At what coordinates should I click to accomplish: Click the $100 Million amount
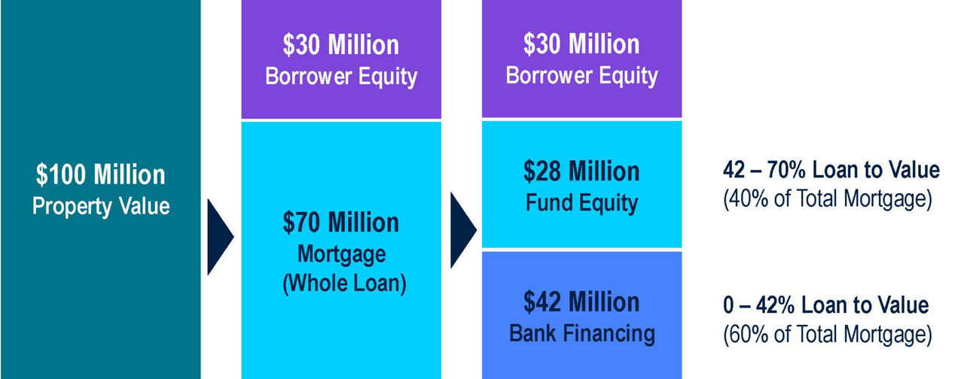101,174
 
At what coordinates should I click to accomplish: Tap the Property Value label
101,206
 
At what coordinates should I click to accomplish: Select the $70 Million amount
341,223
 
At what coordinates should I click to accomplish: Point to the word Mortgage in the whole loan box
342,254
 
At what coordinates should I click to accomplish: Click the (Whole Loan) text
344,283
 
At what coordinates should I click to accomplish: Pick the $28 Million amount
581,171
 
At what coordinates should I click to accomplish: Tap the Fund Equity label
582,203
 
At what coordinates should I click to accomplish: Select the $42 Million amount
581,302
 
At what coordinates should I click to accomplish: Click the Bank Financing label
582,333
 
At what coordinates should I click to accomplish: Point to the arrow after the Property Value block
219,237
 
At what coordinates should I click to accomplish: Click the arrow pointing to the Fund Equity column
462,230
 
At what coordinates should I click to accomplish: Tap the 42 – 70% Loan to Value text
831,170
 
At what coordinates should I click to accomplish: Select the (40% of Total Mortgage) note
828,199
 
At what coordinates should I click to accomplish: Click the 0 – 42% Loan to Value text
826,305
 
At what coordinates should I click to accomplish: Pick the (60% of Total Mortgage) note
828,335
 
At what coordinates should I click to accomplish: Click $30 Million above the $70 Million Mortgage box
341,45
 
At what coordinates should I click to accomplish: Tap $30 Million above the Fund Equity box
581,44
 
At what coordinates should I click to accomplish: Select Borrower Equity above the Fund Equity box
582,76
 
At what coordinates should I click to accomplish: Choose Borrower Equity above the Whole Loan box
341,77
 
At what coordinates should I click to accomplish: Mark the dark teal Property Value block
101,189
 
